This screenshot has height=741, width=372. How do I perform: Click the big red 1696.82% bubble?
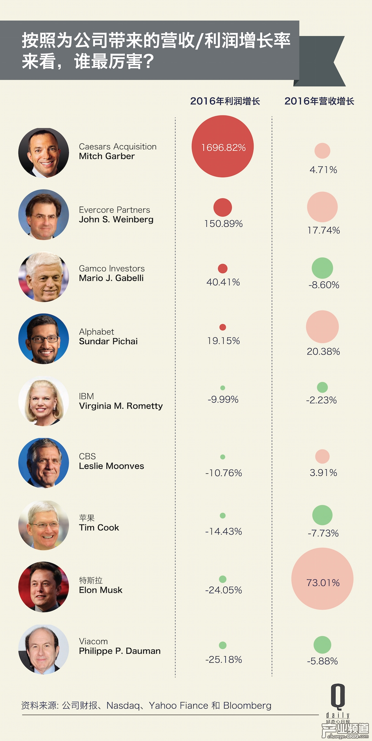point(223,147)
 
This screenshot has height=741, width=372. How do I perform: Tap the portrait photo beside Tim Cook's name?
point(44,525)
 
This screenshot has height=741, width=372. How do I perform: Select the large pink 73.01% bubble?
point(322,579)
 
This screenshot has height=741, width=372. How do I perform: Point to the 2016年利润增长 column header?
point(225,101)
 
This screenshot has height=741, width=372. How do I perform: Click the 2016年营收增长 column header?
point(319,101)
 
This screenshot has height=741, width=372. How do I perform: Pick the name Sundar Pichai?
point(108,341)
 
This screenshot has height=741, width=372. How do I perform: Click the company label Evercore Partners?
point(114,210)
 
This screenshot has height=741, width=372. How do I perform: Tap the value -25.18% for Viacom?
point(224,660)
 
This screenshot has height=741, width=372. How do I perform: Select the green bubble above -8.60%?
point(322,268)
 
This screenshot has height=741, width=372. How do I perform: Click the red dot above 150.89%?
point(223,207)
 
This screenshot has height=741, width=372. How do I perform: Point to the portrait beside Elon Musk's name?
point(44,587)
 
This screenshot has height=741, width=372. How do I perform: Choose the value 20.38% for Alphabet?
point(323,351)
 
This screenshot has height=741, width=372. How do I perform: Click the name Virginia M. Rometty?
point(121,406)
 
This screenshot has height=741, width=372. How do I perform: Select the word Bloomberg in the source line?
point(247,705)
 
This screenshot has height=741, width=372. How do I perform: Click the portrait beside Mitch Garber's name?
point(44,153)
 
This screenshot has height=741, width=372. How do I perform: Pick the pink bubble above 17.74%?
point(322,207)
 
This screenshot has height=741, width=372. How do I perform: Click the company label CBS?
point(87,456)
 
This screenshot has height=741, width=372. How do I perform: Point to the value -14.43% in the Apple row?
point(224,531)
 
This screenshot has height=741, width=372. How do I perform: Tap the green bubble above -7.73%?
point(322,515)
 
